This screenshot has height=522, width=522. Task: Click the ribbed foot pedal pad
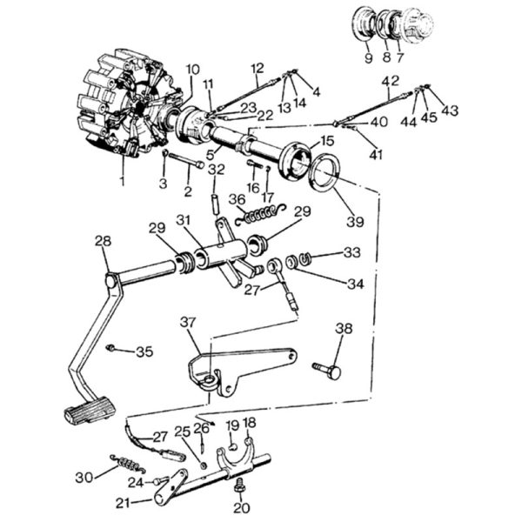89,411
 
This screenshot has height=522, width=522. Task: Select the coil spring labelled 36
260,214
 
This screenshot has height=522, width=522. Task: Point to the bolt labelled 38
328,371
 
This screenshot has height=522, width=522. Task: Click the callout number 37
189,322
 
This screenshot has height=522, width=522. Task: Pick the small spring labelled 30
129,464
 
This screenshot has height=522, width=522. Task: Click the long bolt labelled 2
186,160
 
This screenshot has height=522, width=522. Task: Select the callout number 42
390,81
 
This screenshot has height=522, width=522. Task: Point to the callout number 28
103,241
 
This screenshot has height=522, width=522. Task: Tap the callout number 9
369,58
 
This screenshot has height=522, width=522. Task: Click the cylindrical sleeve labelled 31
221,256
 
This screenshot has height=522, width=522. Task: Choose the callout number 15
327,141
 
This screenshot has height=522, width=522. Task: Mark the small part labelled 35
110,348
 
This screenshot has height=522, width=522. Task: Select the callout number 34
356,284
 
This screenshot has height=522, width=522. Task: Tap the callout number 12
258,68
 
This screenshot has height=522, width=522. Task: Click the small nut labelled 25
204,465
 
